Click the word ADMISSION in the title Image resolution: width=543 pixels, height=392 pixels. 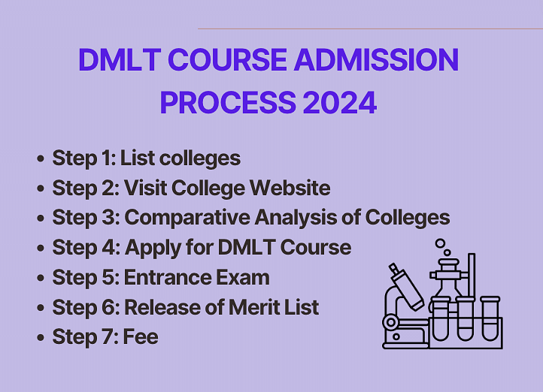tap(377, 59)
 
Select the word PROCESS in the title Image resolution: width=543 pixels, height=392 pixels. tap(228, 102)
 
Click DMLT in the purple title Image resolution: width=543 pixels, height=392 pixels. tap(120, 59)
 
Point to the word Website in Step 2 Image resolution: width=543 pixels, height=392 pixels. tap(290, 188)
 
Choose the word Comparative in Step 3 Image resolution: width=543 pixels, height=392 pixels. tap(187, 218)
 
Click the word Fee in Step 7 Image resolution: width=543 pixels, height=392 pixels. tap(141, 336)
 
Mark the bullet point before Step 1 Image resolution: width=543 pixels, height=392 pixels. tap(41, 158)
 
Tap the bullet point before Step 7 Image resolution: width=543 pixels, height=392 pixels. tap(41, 337)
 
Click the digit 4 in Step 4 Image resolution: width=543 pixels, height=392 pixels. tap(109, 248)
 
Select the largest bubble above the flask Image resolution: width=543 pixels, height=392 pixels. tap(440, 243)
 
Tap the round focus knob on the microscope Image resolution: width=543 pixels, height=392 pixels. tap(391, 322)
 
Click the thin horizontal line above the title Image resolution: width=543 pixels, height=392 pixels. tap(370, 29)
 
